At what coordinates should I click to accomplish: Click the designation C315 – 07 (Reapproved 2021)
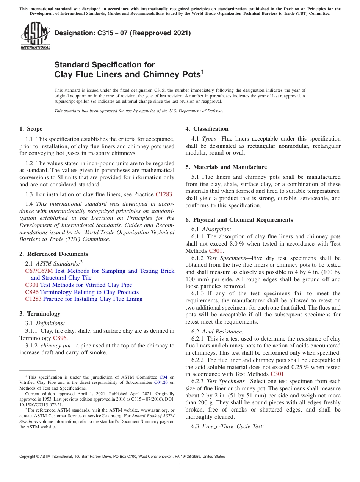(x=122, y=33)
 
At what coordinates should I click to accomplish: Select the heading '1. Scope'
(x=31, y=129)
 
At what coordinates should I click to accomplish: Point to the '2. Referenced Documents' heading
(x=53, y=254)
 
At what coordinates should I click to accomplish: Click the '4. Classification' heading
(x=207, y=129)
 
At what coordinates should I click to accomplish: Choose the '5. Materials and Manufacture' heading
(x=226, y=167)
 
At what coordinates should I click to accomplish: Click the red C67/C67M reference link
(x=39, y=271)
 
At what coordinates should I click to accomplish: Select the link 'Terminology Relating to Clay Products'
(x=89, y=292)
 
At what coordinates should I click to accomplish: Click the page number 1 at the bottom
(x=180, y=465)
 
